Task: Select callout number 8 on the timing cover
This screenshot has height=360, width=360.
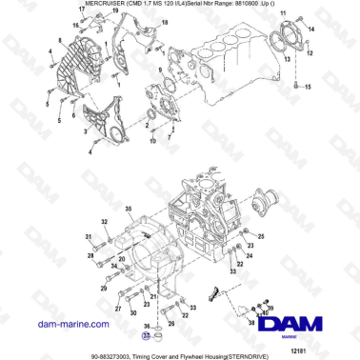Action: coord(59,40)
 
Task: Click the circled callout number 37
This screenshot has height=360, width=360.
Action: coord(146,335)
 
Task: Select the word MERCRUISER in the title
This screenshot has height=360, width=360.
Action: coord(78,6)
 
